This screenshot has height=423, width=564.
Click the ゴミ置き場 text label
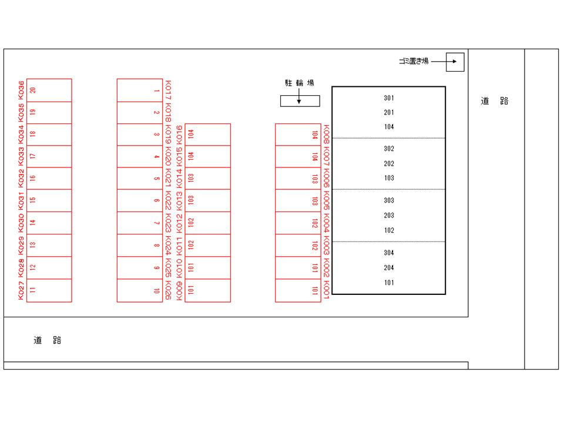pos(414,61)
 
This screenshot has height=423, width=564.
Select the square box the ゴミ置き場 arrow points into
pos(455,62)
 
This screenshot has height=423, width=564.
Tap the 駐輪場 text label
pos(300,83)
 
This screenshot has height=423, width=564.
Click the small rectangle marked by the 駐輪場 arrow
pos(300,101)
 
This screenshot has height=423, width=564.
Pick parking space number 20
pos(49,90)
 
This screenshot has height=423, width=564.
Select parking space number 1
pos(140,90)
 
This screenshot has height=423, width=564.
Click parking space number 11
pos(49,290)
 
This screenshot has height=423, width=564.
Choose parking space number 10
pos(140,290)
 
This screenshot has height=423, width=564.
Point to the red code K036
pos(21,90)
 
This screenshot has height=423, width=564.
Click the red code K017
pos(168,90)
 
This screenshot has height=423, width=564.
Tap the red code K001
pos(326,290)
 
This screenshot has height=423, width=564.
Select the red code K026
pos(168,290)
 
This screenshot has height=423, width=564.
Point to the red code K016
pos(179,135)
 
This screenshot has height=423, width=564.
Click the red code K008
pos(326,134)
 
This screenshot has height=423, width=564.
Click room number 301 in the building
pos(389,98)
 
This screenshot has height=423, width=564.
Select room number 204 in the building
pos(389,268)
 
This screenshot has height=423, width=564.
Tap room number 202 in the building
pos(389,164)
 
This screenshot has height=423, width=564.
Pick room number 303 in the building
pos(389,200)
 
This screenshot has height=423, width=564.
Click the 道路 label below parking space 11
pos(48,340)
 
